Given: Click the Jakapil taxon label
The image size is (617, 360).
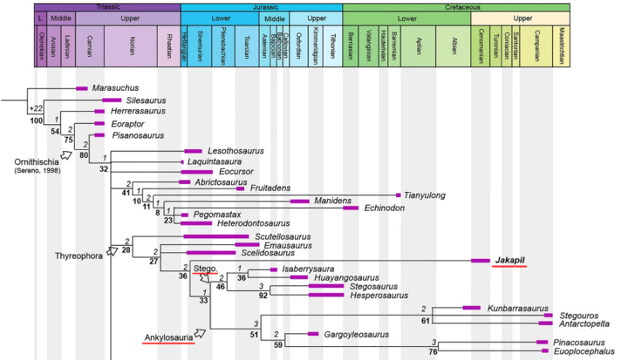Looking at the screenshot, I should coord(509,260).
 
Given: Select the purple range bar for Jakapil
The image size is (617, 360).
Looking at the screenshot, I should coord(480,260).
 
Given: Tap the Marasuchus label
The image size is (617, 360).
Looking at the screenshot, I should coord(116,88).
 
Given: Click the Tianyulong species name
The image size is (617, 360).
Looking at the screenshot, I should coord(425,195).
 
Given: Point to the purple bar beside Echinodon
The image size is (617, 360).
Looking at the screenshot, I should coord(351,208).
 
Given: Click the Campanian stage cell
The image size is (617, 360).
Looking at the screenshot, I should coord(538,47).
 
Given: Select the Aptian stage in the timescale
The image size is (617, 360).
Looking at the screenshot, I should coord(421,47).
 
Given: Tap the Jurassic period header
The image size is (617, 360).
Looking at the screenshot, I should coord(261,7).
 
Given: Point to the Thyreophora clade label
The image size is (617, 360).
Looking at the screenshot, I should coord(78,255).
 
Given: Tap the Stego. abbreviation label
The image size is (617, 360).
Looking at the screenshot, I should coord(205,268).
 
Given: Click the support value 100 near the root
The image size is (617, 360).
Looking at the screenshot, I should coord(36,121).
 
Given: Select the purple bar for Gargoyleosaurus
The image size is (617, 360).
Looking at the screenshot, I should coord(313,334).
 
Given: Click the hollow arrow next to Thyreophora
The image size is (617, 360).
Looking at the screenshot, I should coord(112,251).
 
